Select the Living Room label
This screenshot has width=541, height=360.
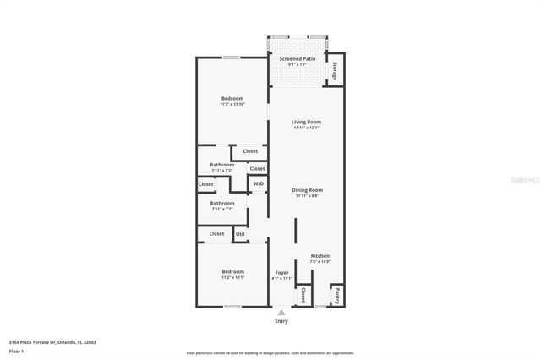pyautogui.click(x=306, y=122)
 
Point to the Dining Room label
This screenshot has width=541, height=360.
pyautogui.click(x=307, y=190)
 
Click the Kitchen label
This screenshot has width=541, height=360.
pyautogui.click(x=320, y=255)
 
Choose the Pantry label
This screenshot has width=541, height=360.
pyautogui.click(x=336, y=296)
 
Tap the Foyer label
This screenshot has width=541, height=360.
pyautogui.click(x=282, y=273)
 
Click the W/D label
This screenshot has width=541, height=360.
pyautogui.click(x=259, y=183)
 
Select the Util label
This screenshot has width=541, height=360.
pyautogui.click(x=240, y=234)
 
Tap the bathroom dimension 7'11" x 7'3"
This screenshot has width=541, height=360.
pyautogui.click(x=222, y=170)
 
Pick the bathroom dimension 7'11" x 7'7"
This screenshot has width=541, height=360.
pyautogui.click(x=222, y=209)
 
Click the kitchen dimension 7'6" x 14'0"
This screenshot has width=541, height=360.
pyautogui.click(x=320, y=261)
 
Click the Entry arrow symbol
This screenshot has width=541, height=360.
pyautogui.click(x=281, y=313)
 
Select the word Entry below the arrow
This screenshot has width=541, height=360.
pyautogui.click(x=281, y=321)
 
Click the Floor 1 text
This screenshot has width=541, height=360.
pyautogui.click(x=16, y=350)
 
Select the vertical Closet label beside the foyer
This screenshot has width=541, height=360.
pyautogui.click(x=303, y=295)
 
